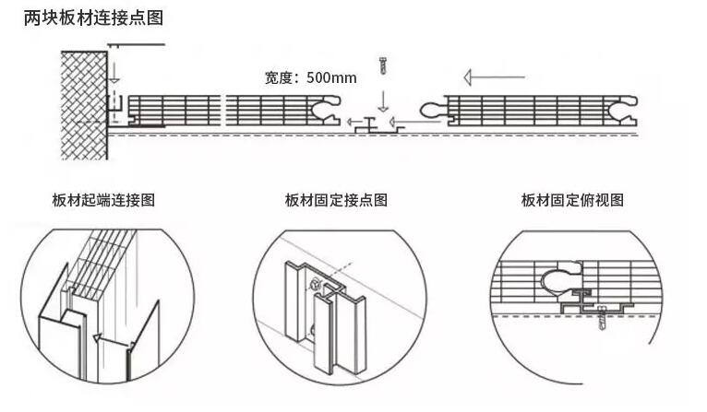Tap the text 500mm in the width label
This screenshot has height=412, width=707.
coord(331,77)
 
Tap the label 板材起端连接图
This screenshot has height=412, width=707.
coord(103,200)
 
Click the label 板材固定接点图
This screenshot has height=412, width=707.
coord(336,200)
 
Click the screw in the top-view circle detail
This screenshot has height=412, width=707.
coord(605,319)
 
